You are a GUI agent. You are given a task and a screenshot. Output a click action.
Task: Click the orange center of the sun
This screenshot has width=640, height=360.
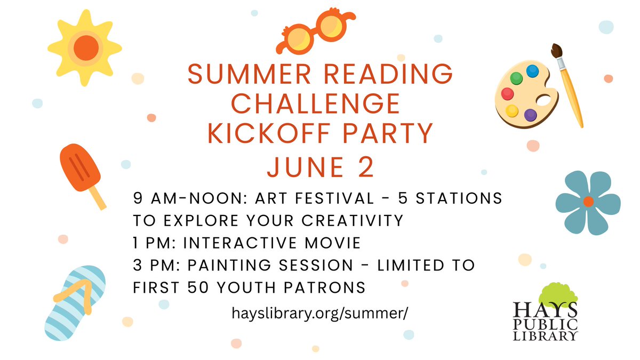coord(86,48)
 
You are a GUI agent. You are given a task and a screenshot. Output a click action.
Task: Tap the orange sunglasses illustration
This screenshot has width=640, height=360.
coord(316,31)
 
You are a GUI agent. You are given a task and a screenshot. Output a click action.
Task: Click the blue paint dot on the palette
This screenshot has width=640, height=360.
coord(532,71)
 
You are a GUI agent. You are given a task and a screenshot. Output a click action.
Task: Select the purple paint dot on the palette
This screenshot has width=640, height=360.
coord(531,115)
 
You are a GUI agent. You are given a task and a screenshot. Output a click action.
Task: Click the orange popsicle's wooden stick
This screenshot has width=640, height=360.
coord(98,198)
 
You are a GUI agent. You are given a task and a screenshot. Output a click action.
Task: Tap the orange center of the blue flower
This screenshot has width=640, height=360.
coord(588,202)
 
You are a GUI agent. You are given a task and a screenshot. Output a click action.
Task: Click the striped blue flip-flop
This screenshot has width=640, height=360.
coord(75,303)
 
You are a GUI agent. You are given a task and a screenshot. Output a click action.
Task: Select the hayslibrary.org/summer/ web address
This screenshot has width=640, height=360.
coord(320,314)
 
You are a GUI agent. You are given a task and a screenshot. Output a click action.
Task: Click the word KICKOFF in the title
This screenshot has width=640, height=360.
coord(269,133)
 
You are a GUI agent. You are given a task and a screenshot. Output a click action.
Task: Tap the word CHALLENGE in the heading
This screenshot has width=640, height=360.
coord(316,103)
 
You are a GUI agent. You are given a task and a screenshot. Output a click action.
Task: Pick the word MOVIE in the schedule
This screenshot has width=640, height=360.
coord(333,243)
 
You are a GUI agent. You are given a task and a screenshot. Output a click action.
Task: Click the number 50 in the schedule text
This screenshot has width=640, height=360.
coord(198,287)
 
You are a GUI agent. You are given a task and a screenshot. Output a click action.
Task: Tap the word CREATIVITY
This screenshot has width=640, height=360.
coord(352,221)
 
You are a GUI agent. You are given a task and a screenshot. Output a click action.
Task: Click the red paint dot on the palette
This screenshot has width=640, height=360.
coord(507,94)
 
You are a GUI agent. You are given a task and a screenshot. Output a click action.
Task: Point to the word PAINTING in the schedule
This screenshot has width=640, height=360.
coord(229,265)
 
